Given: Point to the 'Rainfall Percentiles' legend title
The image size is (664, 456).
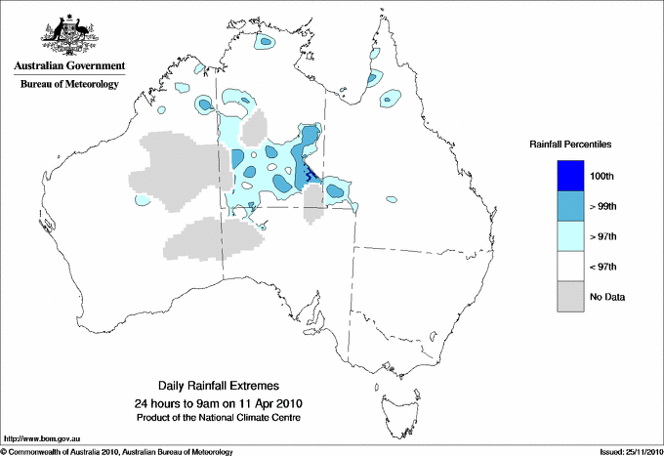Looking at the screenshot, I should coord(570,144).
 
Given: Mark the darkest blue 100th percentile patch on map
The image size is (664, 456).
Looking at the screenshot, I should coord(309,176).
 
